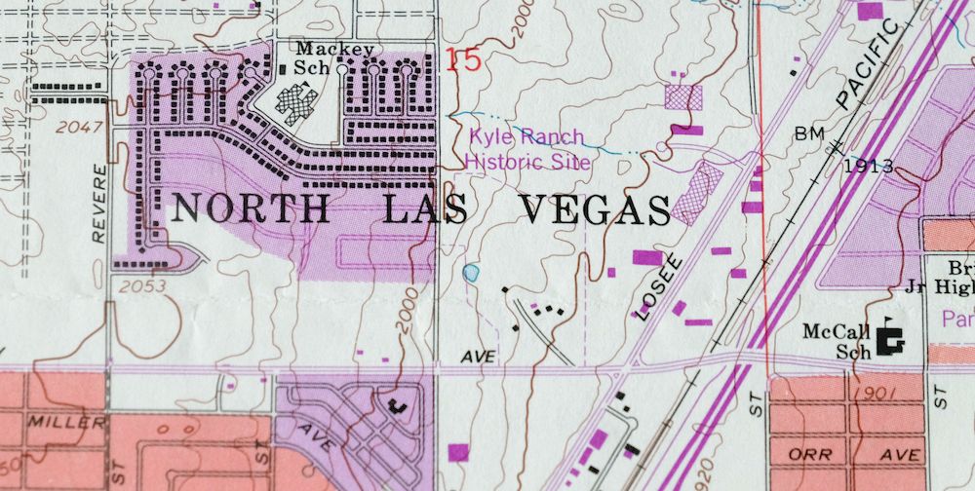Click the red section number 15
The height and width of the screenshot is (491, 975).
click(x=465, y=60)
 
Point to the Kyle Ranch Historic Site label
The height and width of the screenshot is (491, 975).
click(x=528, y=149)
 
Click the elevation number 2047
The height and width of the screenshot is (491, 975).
click(x=78, y=128)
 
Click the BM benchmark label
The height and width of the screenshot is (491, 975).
click(x=810, y=132)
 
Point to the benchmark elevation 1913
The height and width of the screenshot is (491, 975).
click(x=869, y=166)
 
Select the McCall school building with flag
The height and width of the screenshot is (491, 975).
click(x=889, y=339)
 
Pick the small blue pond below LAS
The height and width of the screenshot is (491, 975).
click(x=472, y=273)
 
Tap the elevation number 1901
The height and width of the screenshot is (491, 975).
click(x=867, y=393)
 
